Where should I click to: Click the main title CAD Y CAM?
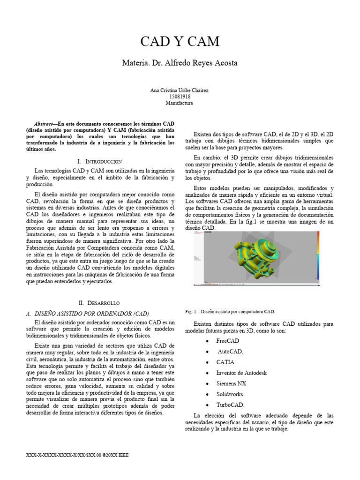[180, 42]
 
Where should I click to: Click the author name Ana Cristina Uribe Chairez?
[180, 90]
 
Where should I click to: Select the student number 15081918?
[180, 96]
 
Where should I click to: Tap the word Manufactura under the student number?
[180, 103]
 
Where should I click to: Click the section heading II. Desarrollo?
[100, 303]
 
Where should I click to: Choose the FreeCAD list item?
[228, 340]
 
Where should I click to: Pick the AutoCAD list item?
[230, 351]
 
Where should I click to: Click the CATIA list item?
[225, 362]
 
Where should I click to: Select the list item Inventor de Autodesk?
[241, 373]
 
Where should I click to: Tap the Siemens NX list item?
[231, 383]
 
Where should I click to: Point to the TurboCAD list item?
[230, 405]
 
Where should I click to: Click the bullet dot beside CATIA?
[207, 362]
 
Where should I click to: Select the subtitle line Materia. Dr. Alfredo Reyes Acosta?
[180, 62]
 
